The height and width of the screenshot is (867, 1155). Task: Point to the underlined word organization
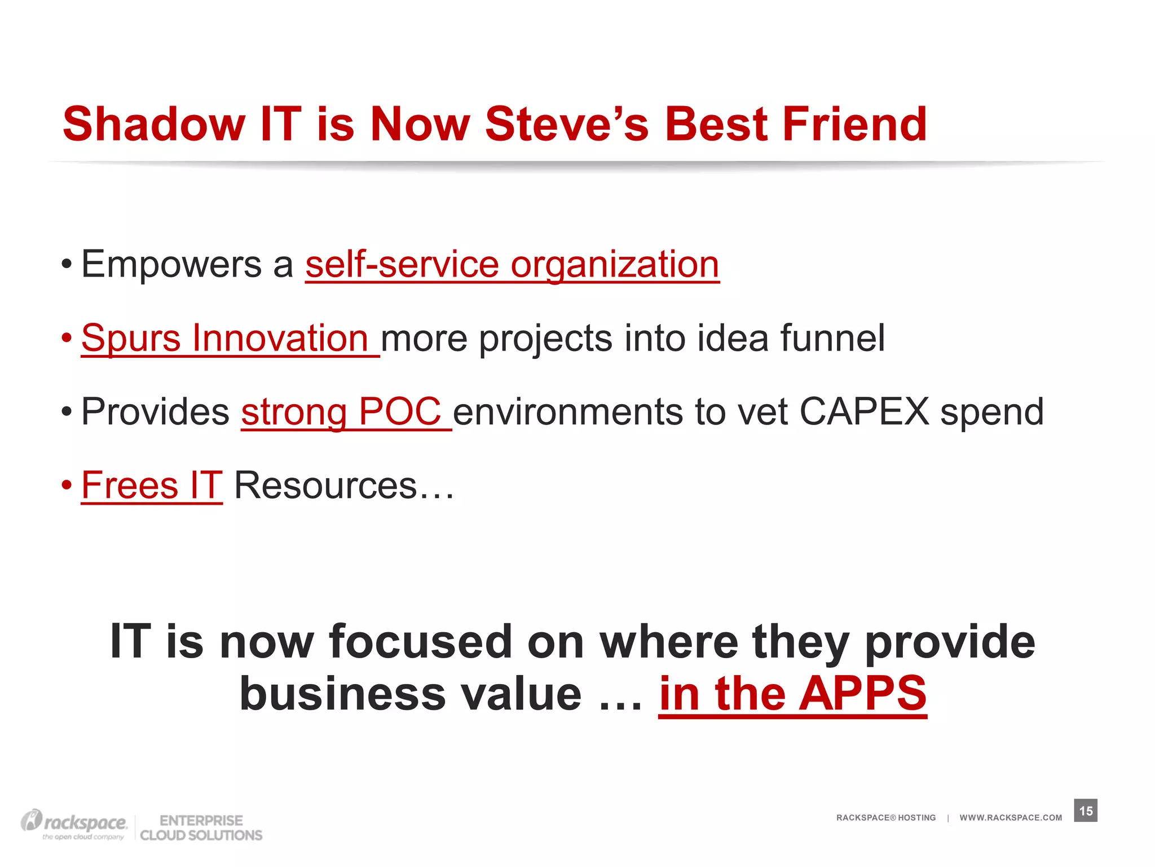[615, 265]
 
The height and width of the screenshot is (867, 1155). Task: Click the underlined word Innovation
[280, 338]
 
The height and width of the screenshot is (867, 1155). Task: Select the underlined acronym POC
[399, 411]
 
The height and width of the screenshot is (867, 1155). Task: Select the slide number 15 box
[1086, 811]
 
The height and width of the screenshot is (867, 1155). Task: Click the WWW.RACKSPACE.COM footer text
[1011, 818]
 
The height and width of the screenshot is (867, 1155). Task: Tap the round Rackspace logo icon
[32, 820]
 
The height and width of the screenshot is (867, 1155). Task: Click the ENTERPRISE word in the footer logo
[201, 820]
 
